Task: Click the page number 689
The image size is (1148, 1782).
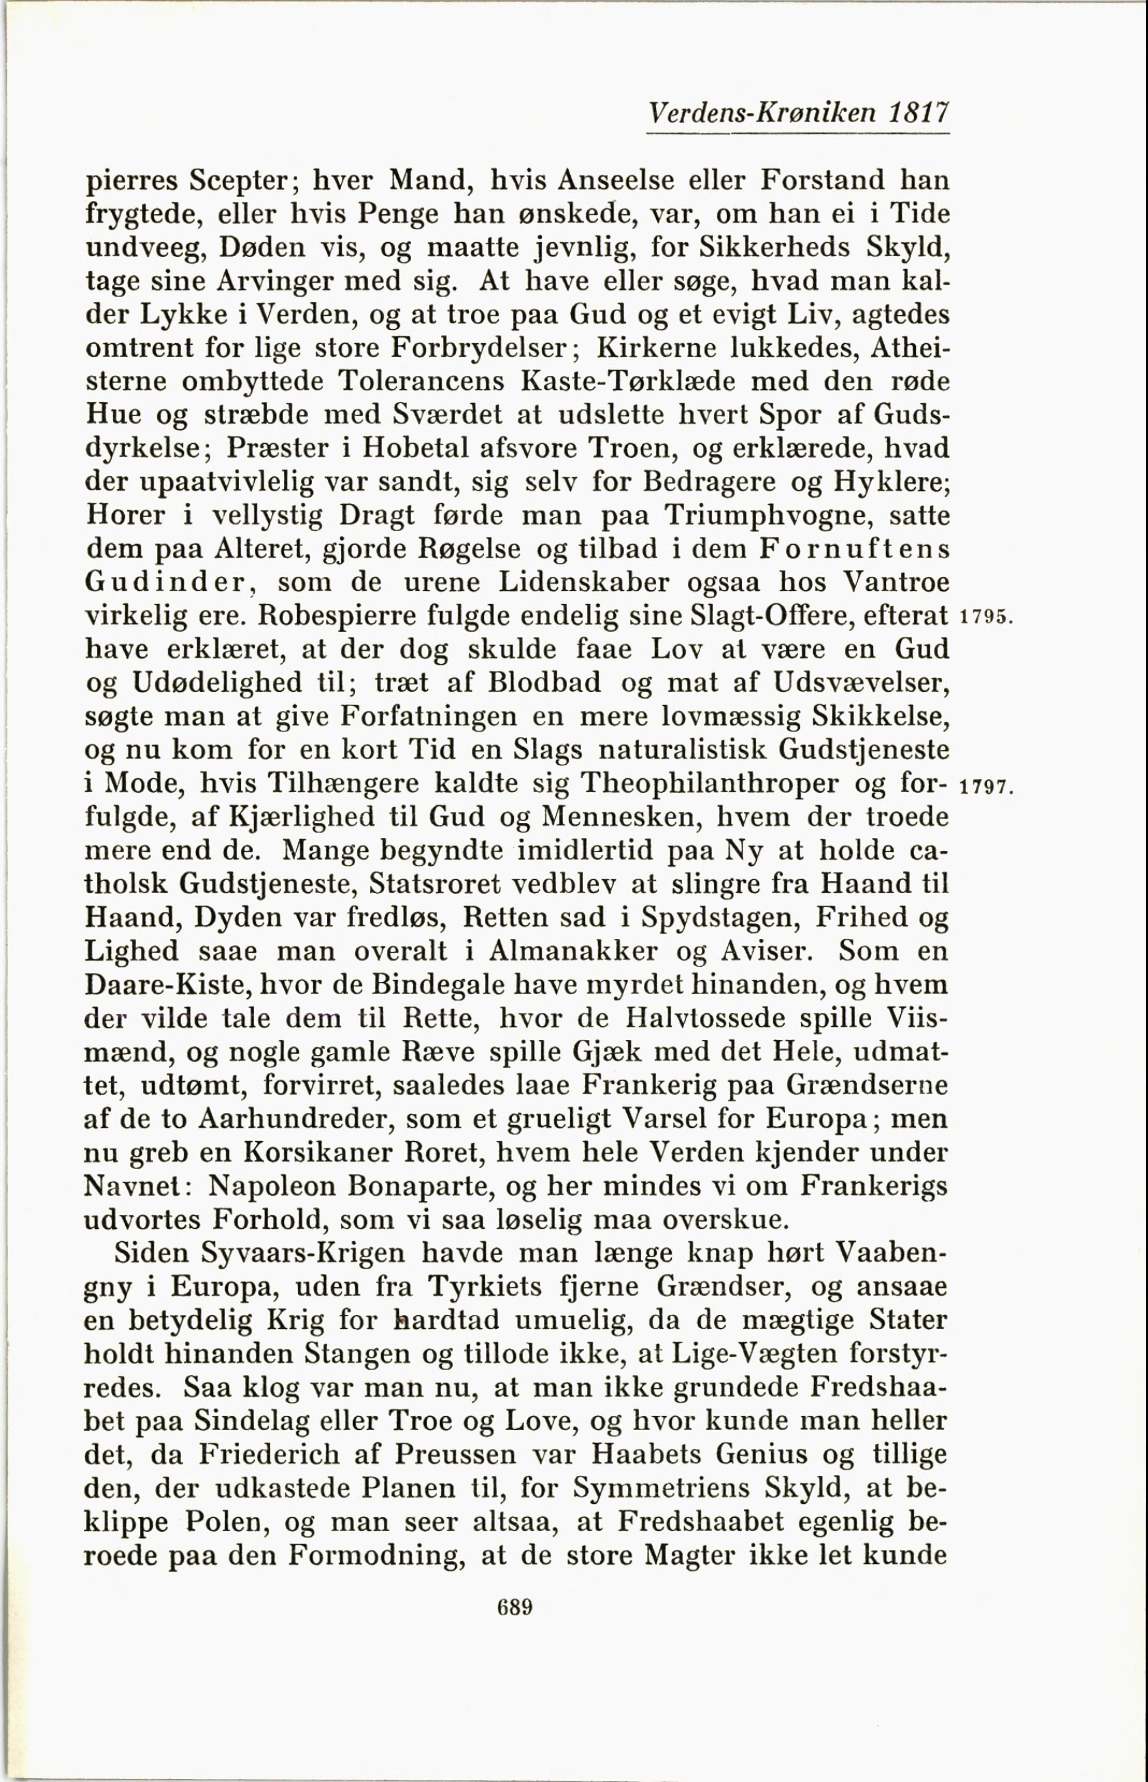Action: [514, 1607]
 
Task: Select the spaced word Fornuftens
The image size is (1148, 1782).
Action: [855, 549]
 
